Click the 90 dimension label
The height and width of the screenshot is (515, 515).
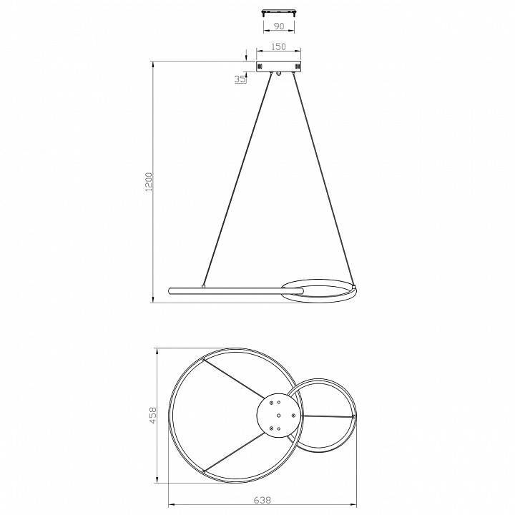[x=279, y=26]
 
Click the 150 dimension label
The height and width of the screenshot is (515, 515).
[x=278, y=46]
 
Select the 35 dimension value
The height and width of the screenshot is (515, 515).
[x=240, y=79]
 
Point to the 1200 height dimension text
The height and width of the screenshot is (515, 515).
[x=149, y=182]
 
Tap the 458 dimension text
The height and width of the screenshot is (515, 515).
[x=153, y=415]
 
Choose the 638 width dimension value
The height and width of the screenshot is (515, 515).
[x=263, y=500]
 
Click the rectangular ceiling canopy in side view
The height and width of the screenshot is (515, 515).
[x=278, y=66]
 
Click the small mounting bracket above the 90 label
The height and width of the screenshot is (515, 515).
[x=278, y=13]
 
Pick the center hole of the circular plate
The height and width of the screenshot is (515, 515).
[x=278, y=416]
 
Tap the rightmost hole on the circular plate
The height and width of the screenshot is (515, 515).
[x=294, y=416]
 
